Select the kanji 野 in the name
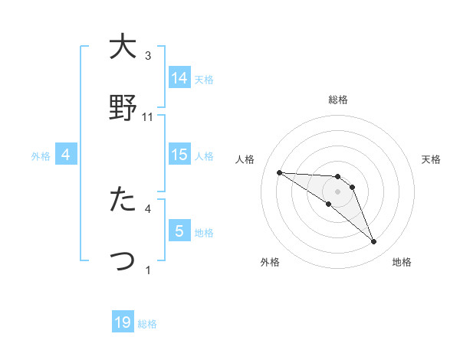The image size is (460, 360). pyautogui.click(x=123, y=107)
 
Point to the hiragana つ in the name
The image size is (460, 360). pyautogui.click(x=123, y=260)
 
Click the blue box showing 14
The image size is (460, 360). pyautogui.click(x=179, y=78)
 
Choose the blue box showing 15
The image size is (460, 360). pyautogui.click(x=179, y=155)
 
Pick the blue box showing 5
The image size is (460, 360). pyautogui.click(x=179, y=231)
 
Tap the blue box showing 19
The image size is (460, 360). pyautogui.click(x=123, y=323)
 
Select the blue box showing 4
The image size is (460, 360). pyautogui.click(x=66, y=155)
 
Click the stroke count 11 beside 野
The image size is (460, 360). pyautogui.click(x=148, y=117)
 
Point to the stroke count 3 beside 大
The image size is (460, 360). pyautogui.click(x=148, y=56)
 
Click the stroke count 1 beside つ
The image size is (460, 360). pyautogui.click(x=148, y=270)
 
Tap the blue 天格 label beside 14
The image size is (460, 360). pyautogui.click(x=204, y=80)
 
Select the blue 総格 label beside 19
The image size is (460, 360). pyautogui.click(x=147, y=325)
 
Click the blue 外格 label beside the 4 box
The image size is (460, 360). pyautogui.click(x=41, y=156)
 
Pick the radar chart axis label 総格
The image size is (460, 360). pyautogui.click(x=338, y=100)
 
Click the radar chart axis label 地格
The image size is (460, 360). pyautogui.click(x=402, y=262)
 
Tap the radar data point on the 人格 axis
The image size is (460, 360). pyautogui.click(x=280, y=172)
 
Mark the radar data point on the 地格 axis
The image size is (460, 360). pyautogui.click(x=373, y=242)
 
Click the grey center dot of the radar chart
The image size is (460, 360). pyautogui.click(x=338, y=191)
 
